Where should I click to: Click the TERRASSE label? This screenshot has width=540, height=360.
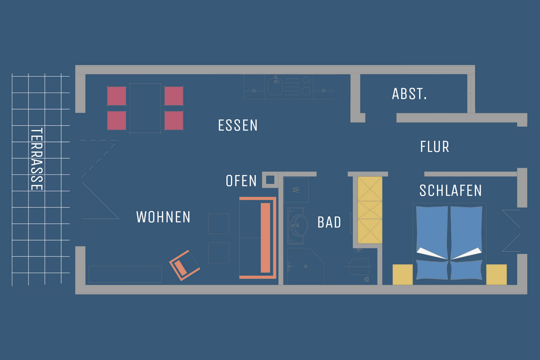point(37,159)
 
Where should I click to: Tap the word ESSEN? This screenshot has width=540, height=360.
point(238,125)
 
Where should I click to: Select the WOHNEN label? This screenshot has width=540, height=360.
point(163,217)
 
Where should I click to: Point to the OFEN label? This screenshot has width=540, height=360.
point(241,181)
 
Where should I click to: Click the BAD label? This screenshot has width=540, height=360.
point(329,222)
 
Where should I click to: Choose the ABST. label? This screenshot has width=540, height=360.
point(409,94)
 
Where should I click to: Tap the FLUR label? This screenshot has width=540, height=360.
point(435,147)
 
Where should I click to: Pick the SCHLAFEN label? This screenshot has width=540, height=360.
point(451,191)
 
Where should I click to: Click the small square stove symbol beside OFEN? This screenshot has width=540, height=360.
point(270,180)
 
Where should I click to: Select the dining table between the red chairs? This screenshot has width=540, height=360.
point(145,108)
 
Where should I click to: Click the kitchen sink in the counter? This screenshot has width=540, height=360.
point(275,86)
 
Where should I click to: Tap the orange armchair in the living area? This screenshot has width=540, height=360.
point(184,265)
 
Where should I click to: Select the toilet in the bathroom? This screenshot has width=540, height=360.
point(359,266)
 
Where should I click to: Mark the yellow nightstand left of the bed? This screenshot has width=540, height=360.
point(403,274)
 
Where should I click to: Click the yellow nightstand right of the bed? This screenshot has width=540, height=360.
point(496,274)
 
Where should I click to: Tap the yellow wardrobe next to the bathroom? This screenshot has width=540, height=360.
point(370,210)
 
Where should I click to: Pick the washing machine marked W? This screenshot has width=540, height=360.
point(296,190)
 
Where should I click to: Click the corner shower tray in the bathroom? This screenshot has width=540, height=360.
point(305,266)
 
